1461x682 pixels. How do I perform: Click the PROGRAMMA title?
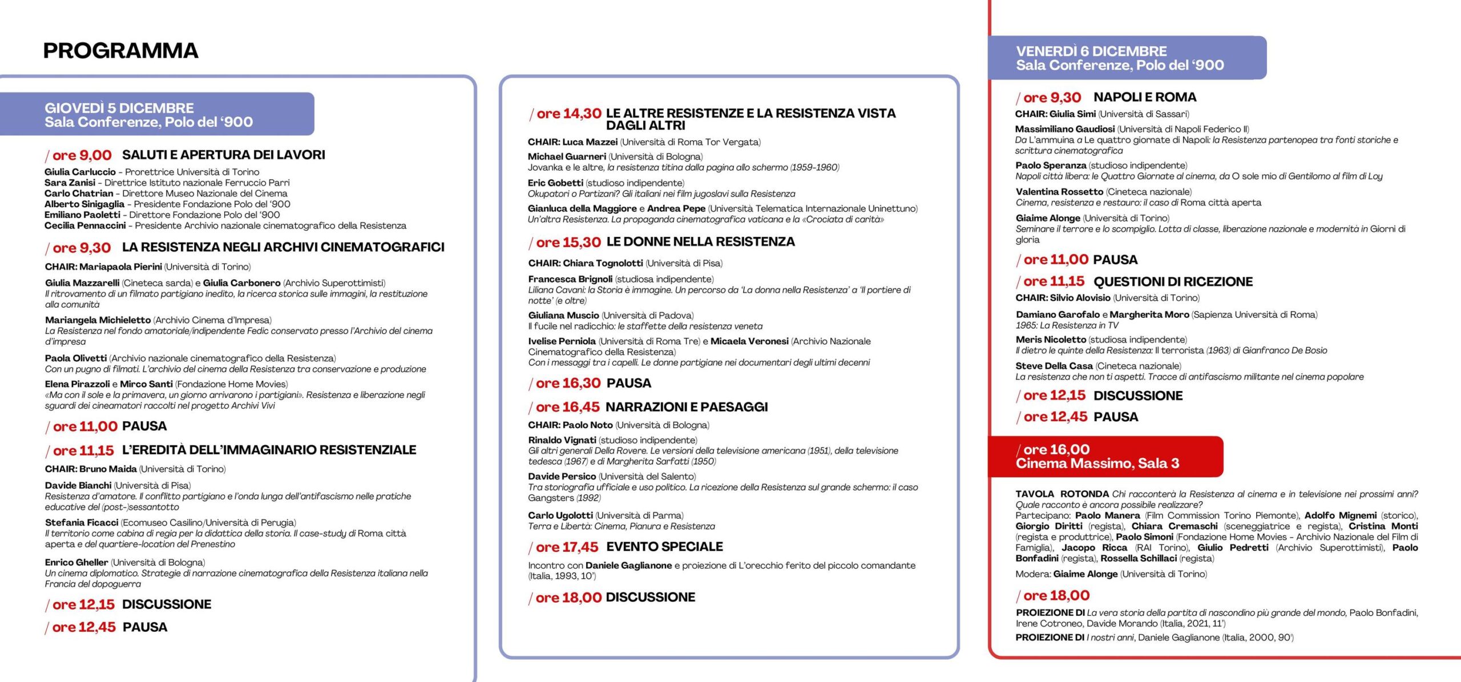(x=120, y=51)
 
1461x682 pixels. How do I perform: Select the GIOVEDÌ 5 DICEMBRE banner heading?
(x=119, y=108)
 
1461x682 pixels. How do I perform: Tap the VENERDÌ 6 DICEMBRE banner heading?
(x=1091, y=51)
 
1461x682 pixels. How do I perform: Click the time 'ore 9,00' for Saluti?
(x=82, y=155)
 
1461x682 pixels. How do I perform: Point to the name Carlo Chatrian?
(x=79, y=193)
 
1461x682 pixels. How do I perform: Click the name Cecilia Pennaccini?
(x=85, y=225)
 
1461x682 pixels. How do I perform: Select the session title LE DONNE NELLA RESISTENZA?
(x=700, y=242)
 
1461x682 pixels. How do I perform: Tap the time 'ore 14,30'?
(x=568, y=114)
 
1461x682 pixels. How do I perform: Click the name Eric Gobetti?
(x=555, y=183)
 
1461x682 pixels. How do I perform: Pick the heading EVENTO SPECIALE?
(x=664, y=547)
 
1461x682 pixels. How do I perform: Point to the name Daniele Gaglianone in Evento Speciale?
(x=628, y=566)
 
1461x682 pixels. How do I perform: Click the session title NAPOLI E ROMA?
(x=1145, y=98)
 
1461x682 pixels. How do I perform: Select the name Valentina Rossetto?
(x=1059, y=192)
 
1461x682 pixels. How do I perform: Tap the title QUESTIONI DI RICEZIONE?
(x=1173, y=282)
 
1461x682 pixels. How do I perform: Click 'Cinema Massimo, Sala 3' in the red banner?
(x=1097, y=463)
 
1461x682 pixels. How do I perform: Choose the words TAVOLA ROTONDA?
(x=1062, y=494)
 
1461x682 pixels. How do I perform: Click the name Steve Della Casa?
(x=1054, y=366)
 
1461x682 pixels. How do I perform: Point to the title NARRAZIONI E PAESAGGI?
(x=687, y=407)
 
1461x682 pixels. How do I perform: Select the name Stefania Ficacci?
(x=82, y=523)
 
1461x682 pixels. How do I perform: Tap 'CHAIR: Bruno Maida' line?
(x=91, y=469)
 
